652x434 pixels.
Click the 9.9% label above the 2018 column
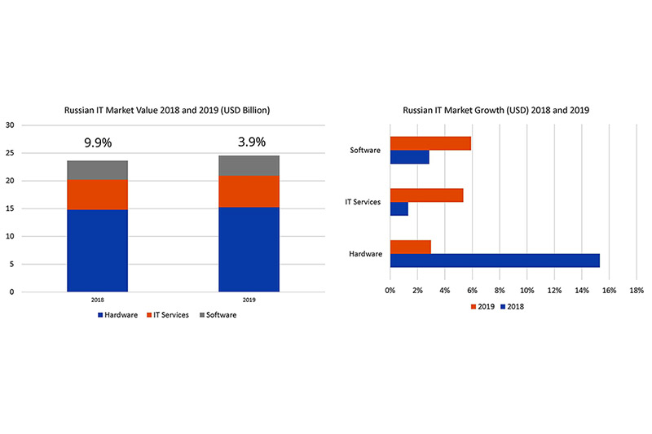tap(97, 143)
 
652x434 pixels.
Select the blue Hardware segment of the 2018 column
tap(97, 250)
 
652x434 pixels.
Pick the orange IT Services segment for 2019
tap(249, 191)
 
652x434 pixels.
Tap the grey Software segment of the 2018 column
tap(97, 169)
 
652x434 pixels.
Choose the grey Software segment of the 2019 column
tap(249, 164)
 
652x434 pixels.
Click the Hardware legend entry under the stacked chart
tap(121, 314)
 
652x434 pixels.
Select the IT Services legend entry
tap(170, 314)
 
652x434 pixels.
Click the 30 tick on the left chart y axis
tap(10, 125)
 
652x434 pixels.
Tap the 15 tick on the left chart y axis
tap(10, 208)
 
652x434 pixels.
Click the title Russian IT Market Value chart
tap(167, 109)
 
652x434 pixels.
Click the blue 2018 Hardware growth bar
tap(495, 261)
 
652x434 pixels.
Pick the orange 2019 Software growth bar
tap(430, 143)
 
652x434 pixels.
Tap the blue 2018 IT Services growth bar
tap(399, 208)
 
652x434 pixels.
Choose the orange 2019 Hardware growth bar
tap(410, 247)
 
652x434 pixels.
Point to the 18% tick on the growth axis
tap(637, 289)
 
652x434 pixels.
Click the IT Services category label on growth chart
tap(363, 202)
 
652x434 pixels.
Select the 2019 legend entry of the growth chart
tap(482, 306)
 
